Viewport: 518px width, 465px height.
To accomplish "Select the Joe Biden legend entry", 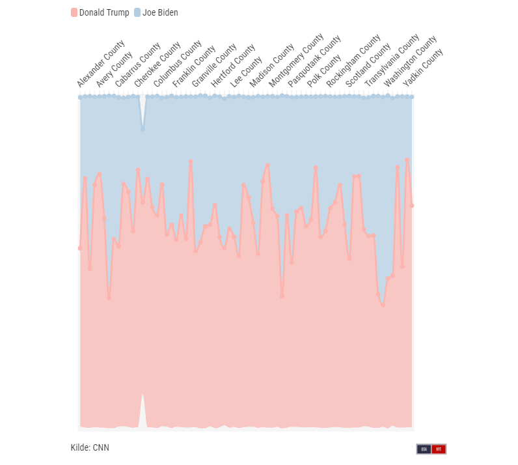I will pyautogui.click(x=156, y=12).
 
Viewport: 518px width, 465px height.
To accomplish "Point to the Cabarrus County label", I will pyautogui.click(x=137, y=65).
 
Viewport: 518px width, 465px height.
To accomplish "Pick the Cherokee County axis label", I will pyautogui.click(x=157, y=65).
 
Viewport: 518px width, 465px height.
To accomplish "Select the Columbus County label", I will pyautogui.click(x=177, y=66).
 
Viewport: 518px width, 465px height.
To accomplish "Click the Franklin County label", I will pyautogui.click(x=194, y=68).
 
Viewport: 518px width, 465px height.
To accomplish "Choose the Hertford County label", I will pyautogui.click(x=233, y=67).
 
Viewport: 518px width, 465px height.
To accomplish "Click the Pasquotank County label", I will pyautogui.click(x=315, y=62).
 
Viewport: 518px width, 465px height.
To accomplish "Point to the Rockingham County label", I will pyautogui.click(x=353, y=61).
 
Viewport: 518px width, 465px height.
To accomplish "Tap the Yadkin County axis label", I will pyautogui.click(x=423, y=68).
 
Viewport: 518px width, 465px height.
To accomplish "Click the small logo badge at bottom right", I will pyautogui.click(x=431, y=449).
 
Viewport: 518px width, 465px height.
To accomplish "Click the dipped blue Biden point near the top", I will pyautogui.click(x=143, y=130).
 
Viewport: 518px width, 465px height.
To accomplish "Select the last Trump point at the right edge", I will pyautogui.click(x=412, y=206).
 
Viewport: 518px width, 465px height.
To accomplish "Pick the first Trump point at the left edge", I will pyautogui.click(x=80, y=248).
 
